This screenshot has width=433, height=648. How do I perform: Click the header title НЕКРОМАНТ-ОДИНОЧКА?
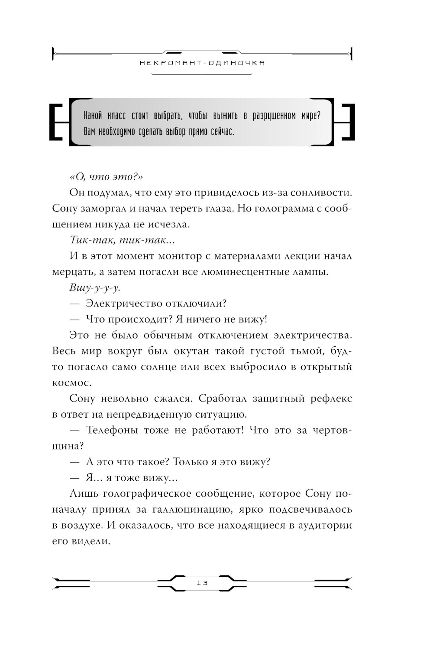202,63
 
